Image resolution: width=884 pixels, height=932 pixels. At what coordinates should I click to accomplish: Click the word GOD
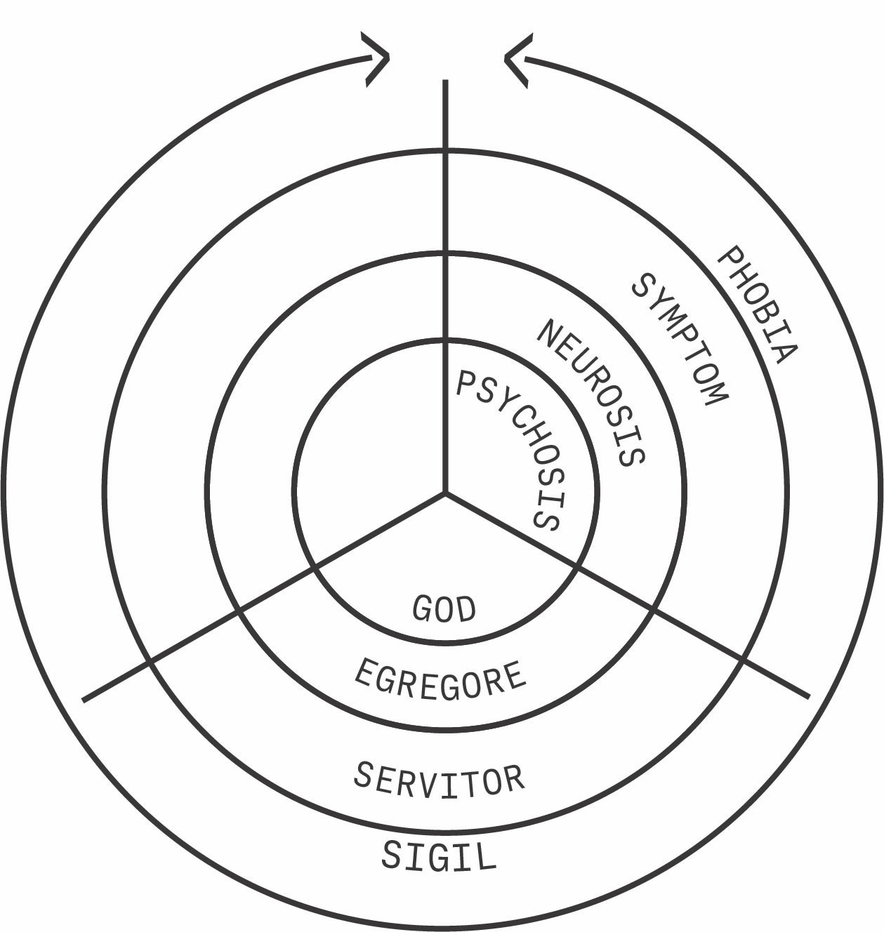tap(444, 608)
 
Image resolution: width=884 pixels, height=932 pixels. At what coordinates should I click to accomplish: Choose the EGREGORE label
tap(440, 679)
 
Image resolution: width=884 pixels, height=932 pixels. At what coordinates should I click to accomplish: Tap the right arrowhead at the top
tap(515, 60)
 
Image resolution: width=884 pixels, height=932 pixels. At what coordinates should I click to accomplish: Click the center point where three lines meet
tap(445, 493)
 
